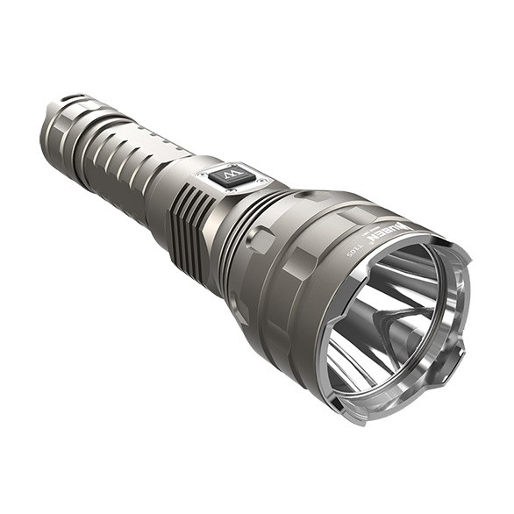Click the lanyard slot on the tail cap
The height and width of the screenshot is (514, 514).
(74, 97)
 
